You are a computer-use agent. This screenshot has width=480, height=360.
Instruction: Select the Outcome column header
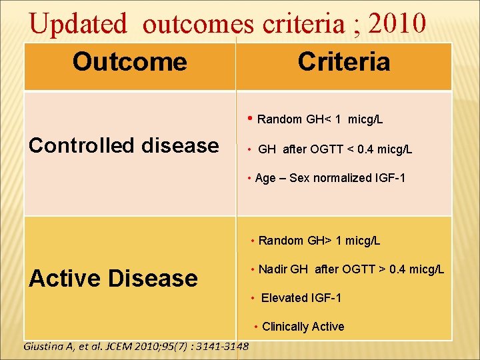click(129, 62)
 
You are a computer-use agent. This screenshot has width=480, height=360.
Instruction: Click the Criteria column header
click(343, 62)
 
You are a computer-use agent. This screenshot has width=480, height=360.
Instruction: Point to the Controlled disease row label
click(124, 145)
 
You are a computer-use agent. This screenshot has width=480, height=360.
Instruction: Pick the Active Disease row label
click(113, 278)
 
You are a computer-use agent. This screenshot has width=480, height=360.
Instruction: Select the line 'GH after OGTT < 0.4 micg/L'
click(335, 149)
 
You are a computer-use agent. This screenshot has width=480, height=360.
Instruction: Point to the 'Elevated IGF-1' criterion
click(301, 298)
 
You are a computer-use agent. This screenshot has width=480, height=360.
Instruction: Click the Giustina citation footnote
click(136, 346)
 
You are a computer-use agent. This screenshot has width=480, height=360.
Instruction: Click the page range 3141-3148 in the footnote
click(223, 346)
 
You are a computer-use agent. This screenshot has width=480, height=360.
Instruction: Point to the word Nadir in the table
click(273, 269)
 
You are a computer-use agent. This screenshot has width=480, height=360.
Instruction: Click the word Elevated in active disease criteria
click(284, 298)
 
